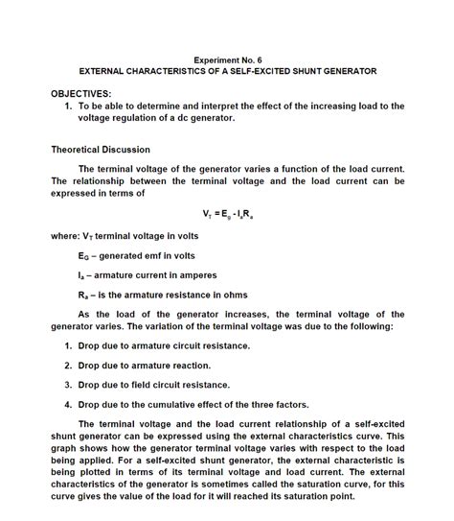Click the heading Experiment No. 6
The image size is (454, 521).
(227, 59)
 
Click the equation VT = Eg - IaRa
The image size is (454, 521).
(227, 213)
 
